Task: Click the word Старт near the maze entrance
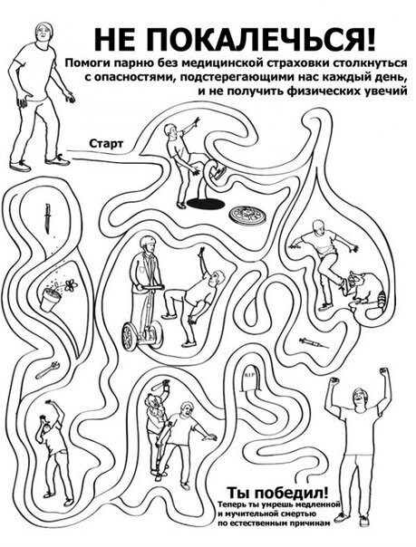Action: click(x=106, y=143)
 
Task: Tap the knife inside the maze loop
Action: click(x=47, y=218)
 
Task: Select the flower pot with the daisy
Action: click(x=50, y=299)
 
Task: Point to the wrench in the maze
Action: click(x=48, y=369)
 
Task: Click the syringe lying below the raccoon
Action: click(x=314, y=342)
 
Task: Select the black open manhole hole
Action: click(x=205, y=203)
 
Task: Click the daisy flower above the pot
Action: click(x=71, y=285)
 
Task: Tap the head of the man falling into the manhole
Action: click(x=170, y=130)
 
